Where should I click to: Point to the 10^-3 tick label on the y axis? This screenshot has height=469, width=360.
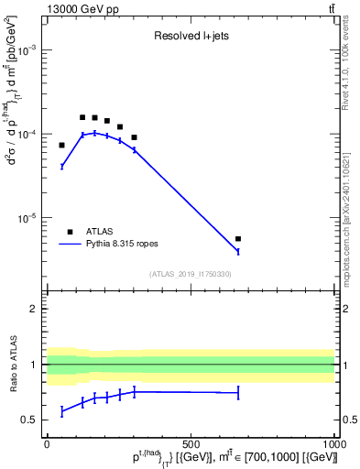(x=29, y=50)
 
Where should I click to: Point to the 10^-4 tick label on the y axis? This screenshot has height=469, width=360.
(x=29, y=135)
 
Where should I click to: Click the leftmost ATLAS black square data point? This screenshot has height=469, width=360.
(x=61, y=145)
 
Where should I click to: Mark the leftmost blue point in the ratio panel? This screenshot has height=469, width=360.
(x=61, y=411)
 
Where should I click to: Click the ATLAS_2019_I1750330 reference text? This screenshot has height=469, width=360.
(x=191, y=274)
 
